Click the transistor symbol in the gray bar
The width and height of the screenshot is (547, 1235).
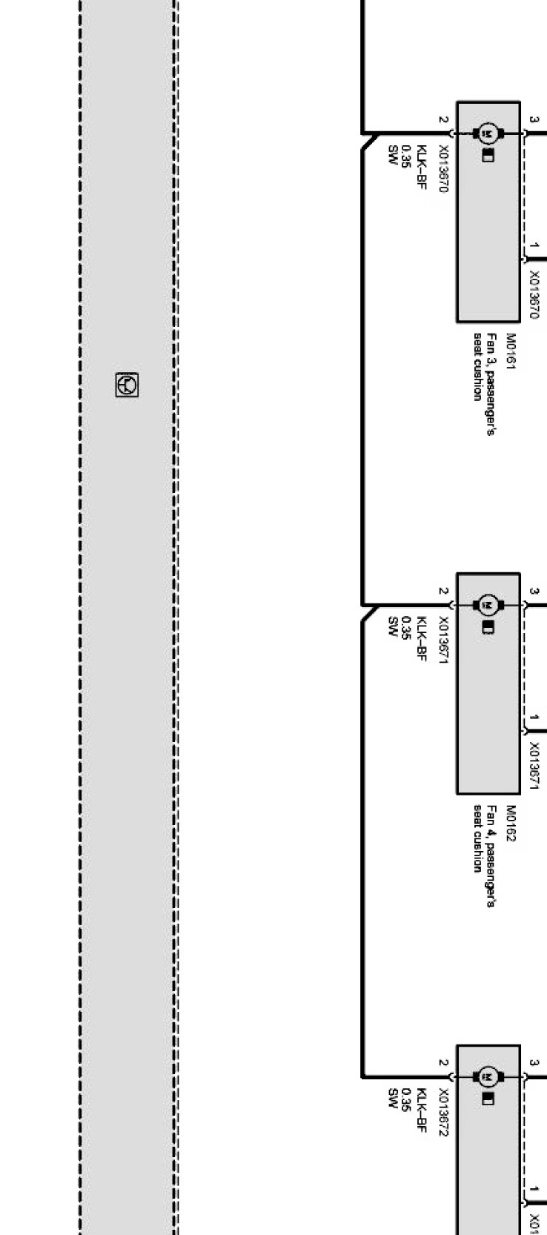[x=127, y=385]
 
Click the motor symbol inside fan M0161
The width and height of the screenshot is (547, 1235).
[x=488, y=134]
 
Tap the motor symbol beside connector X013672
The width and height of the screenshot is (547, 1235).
[x=488, y=1076]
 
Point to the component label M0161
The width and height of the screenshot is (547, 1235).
[x=511, y=351]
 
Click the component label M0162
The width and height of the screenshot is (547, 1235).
[x=511, y=824]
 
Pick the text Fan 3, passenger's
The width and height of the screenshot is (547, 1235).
[x=491, y=384]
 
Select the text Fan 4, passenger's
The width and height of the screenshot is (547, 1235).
[x=491, y=856]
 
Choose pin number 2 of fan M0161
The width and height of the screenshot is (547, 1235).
[x=443, y=119]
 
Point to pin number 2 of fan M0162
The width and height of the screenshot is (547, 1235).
[x=443, y=592]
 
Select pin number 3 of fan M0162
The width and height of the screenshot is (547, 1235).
[x=534, y=591]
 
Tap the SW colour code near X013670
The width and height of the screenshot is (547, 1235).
[x=394, y=155]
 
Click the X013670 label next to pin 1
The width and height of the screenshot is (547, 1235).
[x=534, y=294]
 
